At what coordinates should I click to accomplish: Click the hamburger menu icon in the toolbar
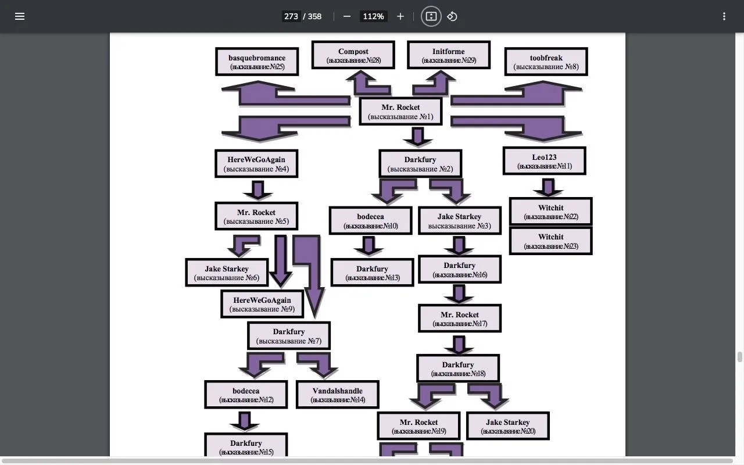click(20, 16)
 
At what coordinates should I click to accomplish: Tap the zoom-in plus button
click(400, 16)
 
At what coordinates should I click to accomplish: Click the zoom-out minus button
click(347, 16)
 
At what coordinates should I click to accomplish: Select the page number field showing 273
click(291, 16)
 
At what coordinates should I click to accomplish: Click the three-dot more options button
click(724, 16)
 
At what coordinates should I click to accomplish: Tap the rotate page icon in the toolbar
click(452, 16)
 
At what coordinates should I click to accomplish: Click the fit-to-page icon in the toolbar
click(431, 16)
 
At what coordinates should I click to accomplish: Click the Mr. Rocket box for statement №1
click(400, 112)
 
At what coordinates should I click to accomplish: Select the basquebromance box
click(257, 62)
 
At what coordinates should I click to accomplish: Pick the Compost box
click(353, 55)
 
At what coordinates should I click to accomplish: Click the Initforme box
click(448, 55)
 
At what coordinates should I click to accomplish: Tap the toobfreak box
click(546, 62)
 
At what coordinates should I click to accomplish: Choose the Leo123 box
click(544, 161)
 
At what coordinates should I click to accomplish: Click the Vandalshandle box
click(337, 395)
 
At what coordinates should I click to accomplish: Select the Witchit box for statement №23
click(550, 241)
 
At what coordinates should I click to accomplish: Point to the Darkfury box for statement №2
click(420, 164)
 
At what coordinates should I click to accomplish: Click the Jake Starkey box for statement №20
click(507, 427)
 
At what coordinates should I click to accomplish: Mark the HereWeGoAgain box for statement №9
click(262, 305)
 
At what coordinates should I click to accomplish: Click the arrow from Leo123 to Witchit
click(548, 187)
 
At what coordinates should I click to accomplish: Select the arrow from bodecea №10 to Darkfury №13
click(368, 245)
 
